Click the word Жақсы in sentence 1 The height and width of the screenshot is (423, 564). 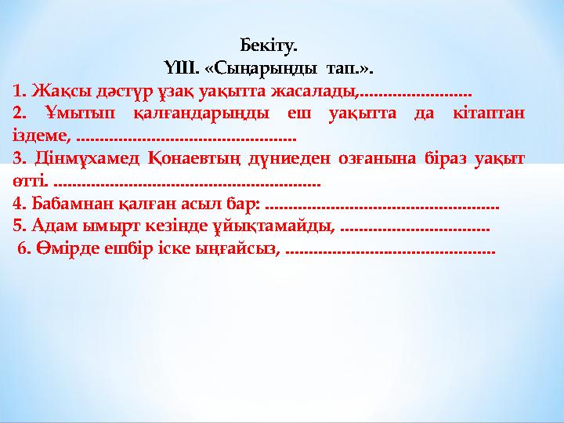(49, 91)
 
